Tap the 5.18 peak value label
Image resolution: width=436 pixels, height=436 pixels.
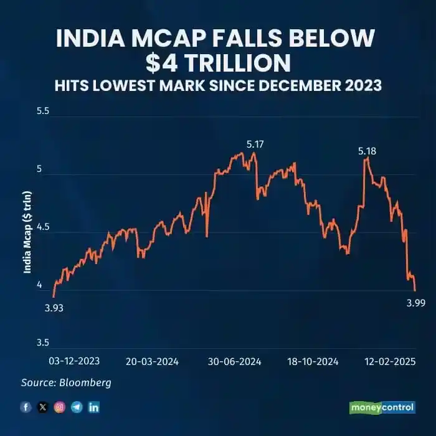tap(367, 151)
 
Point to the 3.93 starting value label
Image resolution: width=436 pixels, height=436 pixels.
tap(54, 308)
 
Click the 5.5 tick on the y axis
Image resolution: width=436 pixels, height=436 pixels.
tap(42, 112)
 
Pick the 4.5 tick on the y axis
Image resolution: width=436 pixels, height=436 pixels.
tap(42, 227)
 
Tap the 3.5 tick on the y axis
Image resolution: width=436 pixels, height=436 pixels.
tap(42, 343)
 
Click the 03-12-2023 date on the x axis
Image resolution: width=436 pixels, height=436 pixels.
tap(73, 361)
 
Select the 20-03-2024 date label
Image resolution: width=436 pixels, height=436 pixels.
tap(153, 361)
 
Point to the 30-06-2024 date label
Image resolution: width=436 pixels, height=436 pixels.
tap(235, 361)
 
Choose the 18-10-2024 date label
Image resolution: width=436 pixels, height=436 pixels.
tap(313, 361)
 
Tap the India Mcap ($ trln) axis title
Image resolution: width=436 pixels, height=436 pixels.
tap(27, 232)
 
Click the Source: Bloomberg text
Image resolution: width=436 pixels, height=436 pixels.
tap(66, 382)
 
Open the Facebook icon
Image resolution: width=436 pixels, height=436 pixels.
tap(26, 407)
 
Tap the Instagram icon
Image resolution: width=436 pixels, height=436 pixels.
tap(60, 407)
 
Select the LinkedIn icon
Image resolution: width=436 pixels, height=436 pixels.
tap(93, 407)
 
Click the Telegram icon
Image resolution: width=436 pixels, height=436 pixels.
tap(77, 407)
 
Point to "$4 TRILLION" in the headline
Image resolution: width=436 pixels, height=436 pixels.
tap(218, 63)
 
